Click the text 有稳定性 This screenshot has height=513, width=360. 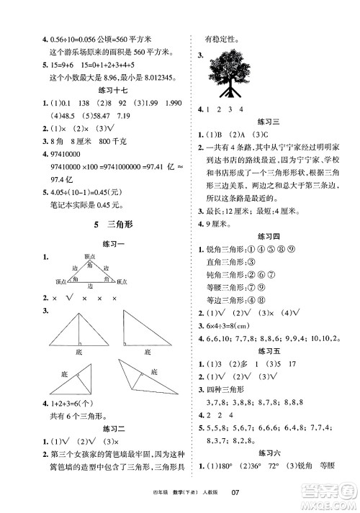[x=223, y=40]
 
